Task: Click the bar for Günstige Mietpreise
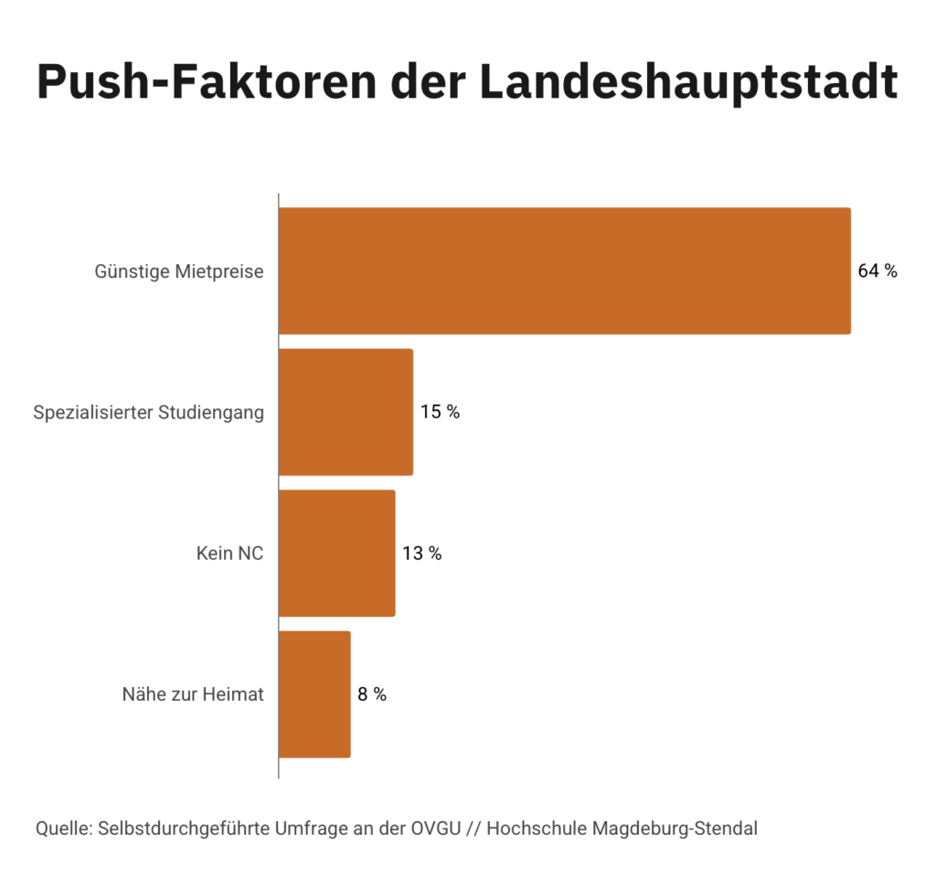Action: (564, 271)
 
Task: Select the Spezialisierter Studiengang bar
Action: (346, 412)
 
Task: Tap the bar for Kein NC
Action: (336, 553)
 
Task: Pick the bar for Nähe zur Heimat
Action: (314, 694)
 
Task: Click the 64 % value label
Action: (877, 271)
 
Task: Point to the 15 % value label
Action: (440, 412)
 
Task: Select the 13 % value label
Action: (422, 554)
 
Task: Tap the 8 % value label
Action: (372, 694)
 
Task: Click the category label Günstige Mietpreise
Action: (179, 272)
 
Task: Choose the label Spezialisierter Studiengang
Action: (148, 413)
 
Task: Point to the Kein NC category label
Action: (229, 554)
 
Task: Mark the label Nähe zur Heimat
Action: (193, 694)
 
